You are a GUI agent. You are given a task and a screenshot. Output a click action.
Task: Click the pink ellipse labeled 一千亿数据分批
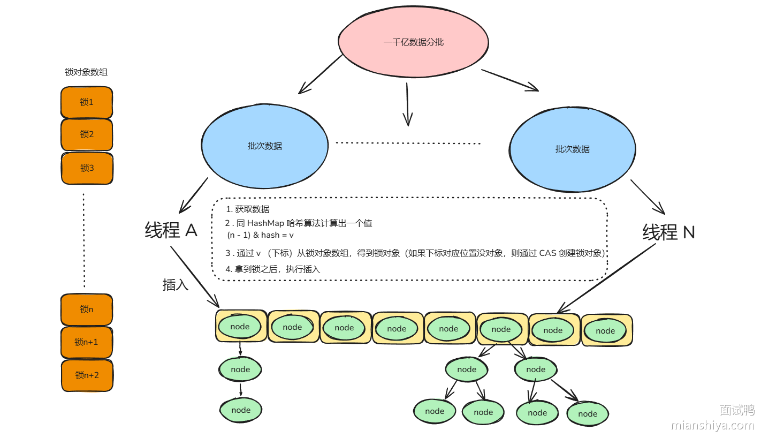pos(413,42)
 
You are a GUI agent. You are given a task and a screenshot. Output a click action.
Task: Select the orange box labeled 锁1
pos(87,102)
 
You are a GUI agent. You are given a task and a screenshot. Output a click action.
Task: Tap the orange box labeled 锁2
pos(87,134)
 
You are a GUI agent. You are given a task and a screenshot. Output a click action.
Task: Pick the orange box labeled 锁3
pos(87,168)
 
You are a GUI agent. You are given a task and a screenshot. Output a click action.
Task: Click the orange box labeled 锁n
pos(87,309)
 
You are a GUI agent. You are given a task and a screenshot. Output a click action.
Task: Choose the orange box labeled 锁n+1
pos(87,342)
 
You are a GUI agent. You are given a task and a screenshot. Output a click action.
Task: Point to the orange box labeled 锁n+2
pos(87,375)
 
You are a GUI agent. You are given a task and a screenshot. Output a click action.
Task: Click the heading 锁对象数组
pos(86,72)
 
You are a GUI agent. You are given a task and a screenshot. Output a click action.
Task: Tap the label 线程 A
pos(171,230)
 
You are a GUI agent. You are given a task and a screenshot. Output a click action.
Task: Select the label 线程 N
pos(668,232)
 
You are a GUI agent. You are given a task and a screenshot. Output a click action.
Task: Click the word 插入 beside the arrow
pos(176,285)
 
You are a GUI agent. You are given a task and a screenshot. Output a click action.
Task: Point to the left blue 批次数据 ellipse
pos(264,146)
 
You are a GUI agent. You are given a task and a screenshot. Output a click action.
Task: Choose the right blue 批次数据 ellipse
pos(572,149)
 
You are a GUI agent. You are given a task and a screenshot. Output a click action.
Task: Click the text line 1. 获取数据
pos(248,209)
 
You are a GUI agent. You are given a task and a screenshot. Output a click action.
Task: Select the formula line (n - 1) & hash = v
pos(261,235)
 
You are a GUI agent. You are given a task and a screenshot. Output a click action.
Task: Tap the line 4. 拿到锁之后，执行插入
pos(273,269)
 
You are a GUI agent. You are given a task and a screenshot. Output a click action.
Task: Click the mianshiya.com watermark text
pos(712,426)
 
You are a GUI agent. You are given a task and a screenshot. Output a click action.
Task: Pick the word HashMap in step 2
pos(266,223)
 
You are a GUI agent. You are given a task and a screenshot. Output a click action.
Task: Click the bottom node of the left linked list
pos(241,410)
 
